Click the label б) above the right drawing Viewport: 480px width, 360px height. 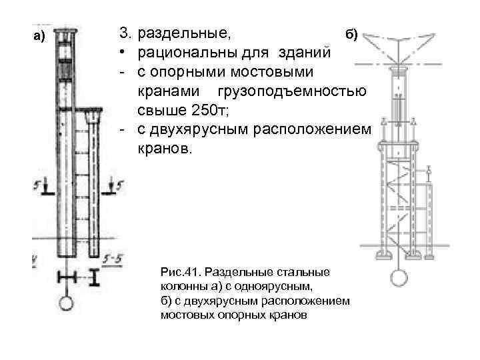click(x=351, y=35)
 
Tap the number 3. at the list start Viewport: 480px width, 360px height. click(x=125, y=32)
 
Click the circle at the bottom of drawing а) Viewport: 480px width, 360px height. click(x=67, y=303)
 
